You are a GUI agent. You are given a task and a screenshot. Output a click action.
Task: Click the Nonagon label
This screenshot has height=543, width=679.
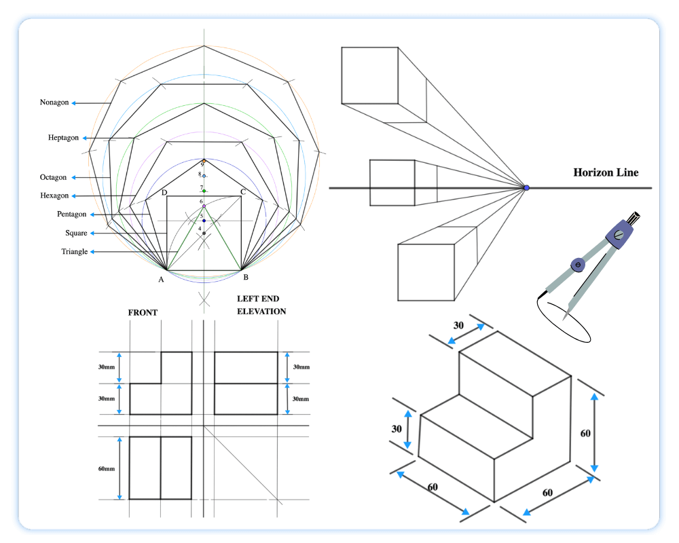[54, 102]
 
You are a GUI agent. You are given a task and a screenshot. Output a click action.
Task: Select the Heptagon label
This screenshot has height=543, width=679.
[63, 138]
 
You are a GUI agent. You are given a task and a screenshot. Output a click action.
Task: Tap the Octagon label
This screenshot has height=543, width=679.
[53, 177]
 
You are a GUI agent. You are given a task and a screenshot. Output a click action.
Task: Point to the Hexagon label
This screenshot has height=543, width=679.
[54, 195]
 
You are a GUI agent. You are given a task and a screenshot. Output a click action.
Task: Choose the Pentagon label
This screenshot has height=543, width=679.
[71, 214]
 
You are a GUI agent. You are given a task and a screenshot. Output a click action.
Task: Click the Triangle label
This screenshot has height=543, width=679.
[74, 252]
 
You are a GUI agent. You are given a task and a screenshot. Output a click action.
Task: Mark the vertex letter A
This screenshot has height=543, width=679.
[162, 279]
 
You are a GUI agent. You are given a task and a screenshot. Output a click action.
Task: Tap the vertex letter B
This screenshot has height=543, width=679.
[245, 278]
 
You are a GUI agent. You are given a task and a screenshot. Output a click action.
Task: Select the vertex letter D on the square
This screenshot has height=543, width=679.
[164, 193]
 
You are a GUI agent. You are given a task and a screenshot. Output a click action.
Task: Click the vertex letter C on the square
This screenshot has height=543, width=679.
[242, 193]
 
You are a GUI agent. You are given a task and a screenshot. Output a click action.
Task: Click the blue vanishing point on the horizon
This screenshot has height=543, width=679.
[526, 187]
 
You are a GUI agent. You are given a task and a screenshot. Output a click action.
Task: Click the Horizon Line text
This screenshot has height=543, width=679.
[606, 172]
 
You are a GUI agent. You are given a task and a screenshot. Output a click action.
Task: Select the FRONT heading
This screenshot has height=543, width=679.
[143, 313]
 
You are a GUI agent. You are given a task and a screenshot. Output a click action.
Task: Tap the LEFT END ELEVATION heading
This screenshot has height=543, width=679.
[261, 305]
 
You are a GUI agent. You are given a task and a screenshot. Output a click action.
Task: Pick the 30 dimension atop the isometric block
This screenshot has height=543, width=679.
[458, 325]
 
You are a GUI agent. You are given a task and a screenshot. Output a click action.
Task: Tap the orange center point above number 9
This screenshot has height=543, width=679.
[204, 161]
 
